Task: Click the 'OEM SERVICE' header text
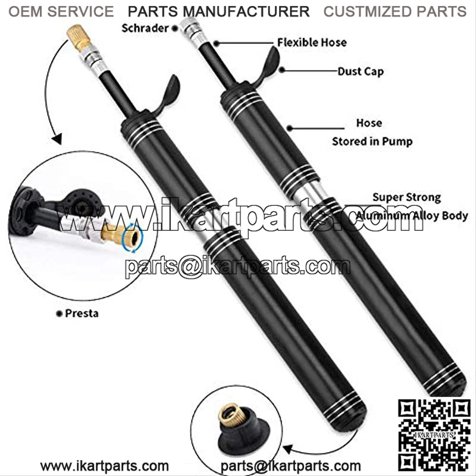click(61, 11)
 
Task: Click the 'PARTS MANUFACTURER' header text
click(218, 11)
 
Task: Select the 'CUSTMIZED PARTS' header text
click(395, 11)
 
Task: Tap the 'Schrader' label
click(145, 28)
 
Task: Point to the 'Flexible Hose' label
click(312, 42)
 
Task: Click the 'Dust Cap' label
click(361, 71)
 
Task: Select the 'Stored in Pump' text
click(372, 142)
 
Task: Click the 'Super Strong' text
click(407, 198)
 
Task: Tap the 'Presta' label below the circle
click(82, 314)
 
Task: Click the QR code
click(434, 436)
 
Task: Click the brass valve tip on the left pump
click(79, 37)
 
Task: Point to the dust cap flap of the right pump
click(270, 66)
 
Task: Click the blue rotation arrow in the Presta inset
click(132, 237)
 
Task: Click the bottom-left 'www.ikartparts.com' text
click(105, 466)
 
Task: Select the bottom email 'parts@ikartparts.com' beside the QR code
click(290, 466)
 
